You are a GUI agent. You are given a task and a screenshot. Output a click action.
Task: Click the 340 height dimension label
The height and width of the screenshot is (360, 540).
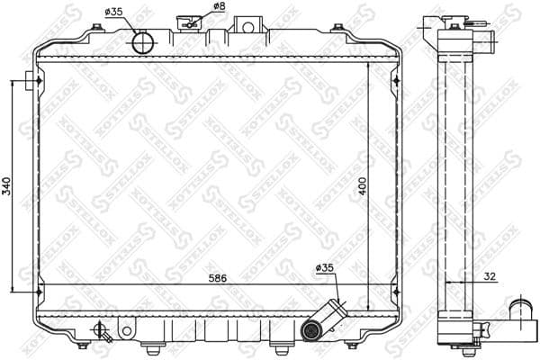[x=8, y=185]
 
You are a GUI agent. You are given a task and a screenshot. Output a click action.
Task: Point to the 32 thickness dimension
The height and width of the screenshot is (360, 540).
[x=488, y=276]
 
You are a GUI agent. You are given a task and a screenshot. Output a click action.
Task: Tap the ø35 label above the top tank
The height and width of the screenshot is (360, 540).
[x=114, y=12]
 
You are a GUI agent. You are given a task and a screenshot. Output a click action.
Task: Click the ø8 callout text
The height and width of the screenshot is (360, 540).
[x=219, y=7]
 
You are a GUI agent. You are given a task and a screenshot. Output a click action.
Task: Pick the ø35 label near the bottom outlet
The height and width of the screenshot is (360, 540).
[x=325, y=268]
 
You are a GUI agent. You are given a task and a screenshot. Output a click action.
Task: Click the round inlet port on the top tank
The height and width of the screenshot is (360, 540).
[x=143, y=42]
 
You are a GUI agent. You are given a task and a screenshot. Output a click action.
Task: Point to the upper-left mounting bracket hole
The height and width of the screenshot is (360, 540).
[x=34, y=82]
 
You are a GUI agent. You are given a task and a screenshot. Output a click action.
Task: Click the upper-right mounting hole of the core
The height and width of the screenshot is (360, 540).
[x=396, y=82]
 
